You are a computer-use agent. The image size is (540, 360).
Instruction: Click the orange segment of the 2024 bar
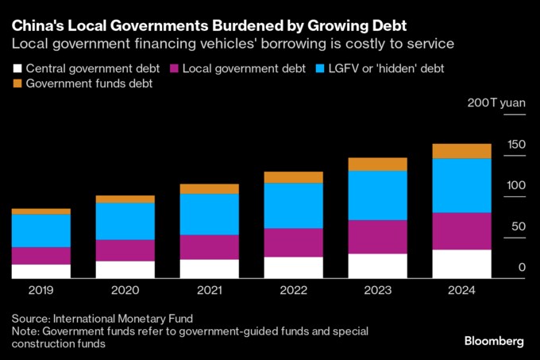(461, 151)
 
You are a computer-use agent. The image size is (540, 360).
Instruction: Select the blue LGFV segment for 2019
(41, 230)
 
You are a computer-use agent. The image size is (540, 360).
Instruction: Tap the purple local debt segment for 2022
(293, 242)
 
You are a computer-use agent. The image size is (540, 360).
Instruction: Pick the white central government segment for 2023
(377, 265)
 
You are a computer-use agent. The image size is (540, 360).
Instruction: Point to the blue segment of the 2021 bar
(209, 214)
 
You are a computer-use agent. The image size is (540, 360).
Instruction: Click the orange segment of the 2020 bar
(125, 199)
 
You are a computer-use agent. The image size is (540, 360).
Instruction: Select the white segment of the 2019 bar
(41, 271)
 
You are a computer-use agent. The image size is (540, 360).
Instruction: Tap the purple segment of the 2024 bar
(461, 231)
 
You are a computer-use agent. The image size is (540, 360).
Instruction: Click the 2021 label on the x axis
(209, 290)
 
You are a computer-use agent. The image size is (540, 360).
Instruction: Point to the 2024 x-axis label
(461, 290)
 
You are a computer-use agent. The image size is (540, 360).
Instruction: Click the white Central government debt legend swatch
(17, 69)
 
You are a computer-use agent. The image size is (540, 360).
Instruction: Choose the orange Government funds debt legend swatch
(17, 83)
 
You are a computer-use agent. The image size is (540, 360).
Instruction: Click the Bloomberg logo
(493, 340)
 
